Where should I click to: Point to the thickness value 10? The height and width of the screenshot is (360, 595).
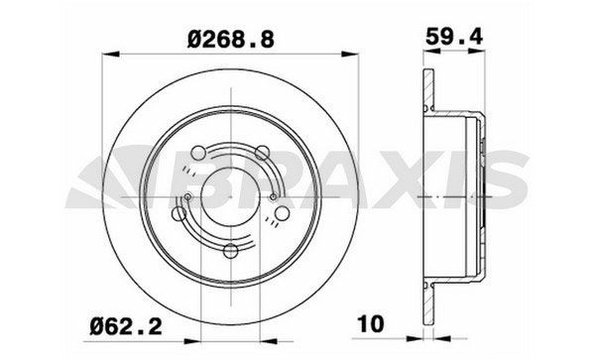pos(368,322)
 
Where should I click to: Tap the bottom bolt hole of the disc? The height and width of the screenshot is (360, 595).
pos(231,250)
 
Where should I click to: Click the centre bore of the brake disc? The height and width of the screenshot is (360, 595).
pos(232,197)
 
